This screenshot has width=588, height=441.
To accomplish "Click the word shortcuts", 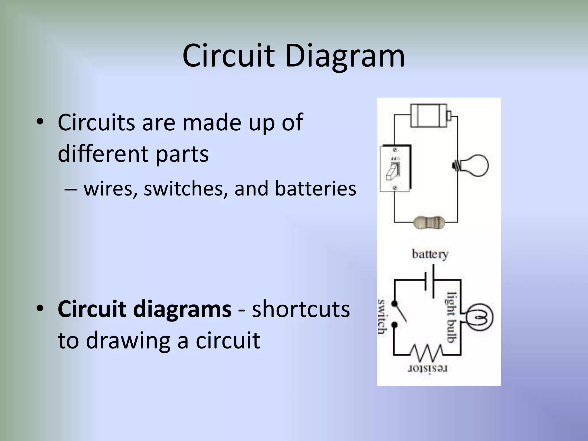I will click(301, 309).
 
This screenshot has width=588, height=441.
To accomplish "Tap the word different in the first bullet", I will click(102, 154).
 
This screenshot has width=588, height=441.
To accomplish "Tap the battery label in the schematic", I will click(430, 254).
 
